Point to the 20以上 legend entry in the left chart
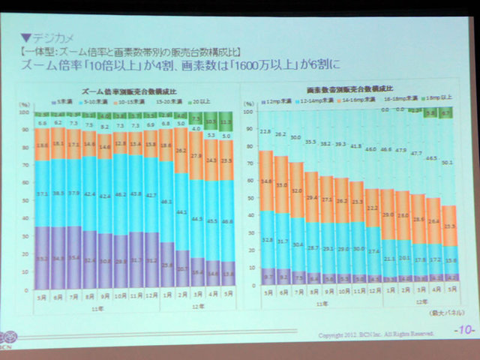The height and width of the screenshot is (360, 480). coord(197,100)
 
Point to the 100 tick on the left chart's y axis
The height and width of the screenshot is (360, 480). coord(23,112)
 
